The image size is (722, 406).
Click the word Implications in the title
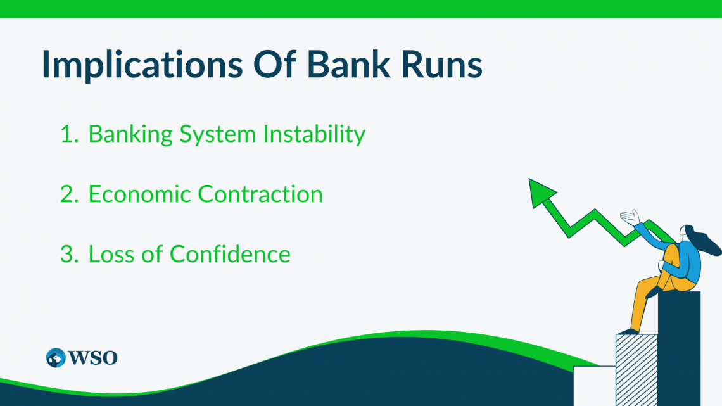[142, 65]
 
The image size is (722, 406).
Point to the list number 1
[69, 134]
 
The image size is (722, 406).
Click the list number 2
[69, 194]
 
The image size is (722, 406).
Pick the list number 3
[69, 255]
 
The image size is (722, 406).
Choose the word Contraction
[260, 194]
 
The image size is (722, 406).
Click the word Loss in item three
[111, 255]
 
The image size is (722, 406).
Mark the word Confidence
[230, 254]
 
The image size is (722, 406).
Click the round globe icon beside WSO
[56, 358]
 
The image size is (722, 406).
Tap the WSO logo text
[93, 358]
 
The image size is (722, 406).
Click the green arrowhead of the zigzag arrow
[541, 193]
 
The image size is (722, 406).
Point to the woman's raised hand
[631, 217]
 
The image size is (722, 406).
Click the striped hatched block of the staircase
[636, 370]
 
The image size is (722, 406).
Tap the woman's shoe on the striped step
[628, 331]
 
